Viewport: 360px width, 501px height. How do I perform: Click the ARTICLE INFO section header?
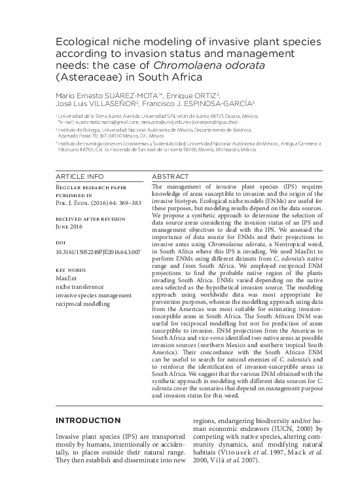(x=79, y=177)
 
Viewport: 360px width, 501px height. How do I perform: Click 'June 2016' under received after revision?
(x=69, y=223)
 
